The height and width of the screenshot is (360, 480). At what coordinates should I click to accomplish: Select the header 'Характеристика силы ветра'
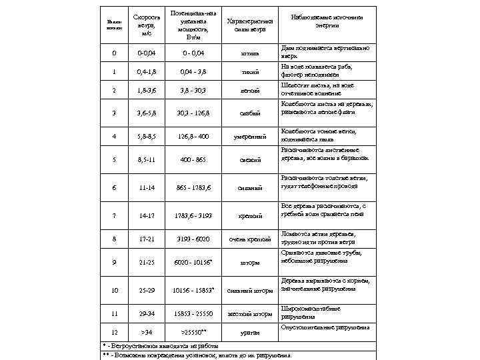tap(251, 25)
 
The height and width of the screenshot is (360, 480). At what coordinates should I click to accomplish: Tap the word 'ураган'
tap(251, 331)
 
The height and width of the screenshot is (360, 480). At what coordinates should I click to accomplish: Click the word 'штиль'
tap(251, 52)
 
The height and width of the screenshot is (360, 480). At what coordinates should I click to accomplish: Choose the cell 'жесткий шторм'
tap(251, 313)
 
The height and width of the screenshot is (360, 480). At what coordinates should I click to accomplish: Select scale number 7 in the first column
tap(115, 215)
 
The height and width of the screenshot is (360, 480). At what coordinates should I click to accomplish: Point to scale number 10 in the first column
tap(115, 290)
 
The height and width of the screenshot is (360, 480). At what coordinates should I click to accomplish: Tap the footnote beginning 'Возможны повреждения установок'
tap(200, 355)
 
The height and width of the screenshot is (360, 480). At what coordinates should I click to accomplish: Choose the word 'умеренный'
tap(251, 137)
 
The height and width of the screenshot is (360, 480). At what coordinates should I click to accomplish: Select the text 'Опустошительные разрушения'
tap(326, 327)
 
